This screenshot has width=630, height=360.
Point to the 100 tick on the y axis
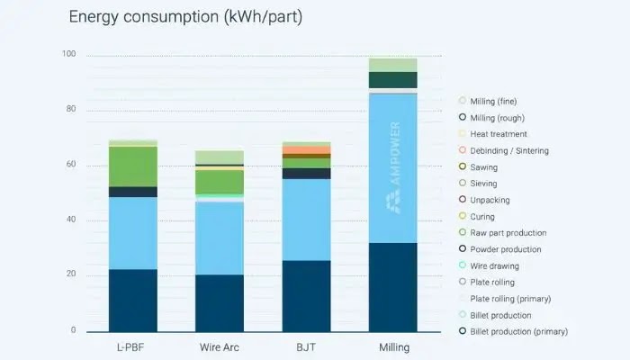click(x=69, y=56)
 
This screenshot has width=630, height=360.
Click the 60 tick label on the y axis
click(x=71, y=166)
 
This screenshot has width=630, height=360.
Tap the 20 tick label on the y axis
click(x=71, y=274)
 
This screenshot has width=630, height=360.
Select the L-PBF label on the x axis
click(x=133, y=347)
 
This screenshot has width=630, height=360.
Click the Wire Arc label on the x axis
click(x=220, y=347)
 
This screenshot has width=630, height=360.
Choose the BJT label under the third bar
click(x=306, y=347)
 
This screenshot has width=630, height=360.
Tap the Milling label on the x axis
click(x=392, y=347)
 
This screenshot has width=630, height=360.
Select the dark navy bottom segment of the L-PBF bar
click(x=133, y=301)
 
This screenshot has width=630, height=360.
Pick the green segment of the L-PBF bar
click(x=133, y=166)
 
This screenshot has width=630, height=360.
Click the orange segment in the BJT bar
click(x=306, y=149)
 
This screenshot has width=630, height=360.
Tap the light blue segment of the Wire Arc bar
click(x=220, y=238)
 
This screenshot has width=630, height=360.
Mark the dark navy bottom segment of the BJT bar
click(x=306, y=296)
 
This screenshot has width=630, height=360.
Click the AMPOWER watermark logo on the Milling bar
click(x=393, y=167)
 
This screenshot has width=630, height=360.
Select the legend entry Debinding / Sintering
click(x=508, y=150)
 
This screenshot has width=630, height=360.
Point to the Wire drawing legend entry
click(x=494, y=265)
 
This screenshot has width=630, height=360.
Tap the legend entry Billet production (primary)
click(x=518, y=332)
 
